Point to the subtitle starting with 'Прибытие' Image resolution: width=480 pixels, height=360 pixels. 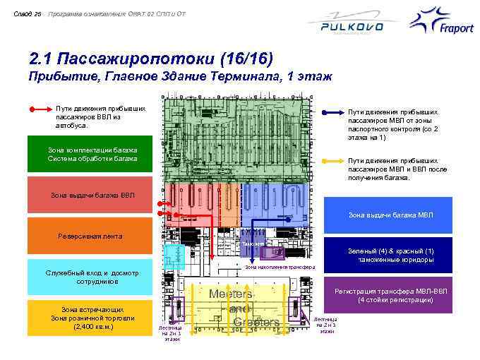click(176, 76)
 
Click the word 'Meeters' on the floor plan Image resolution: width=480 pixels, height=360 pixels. click(231, 294)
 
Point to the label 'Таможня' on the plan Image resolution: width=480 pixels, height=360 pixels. click(253, 244)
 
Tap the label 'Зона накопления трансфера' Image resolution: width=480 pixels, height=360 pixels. click(280, 268)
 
